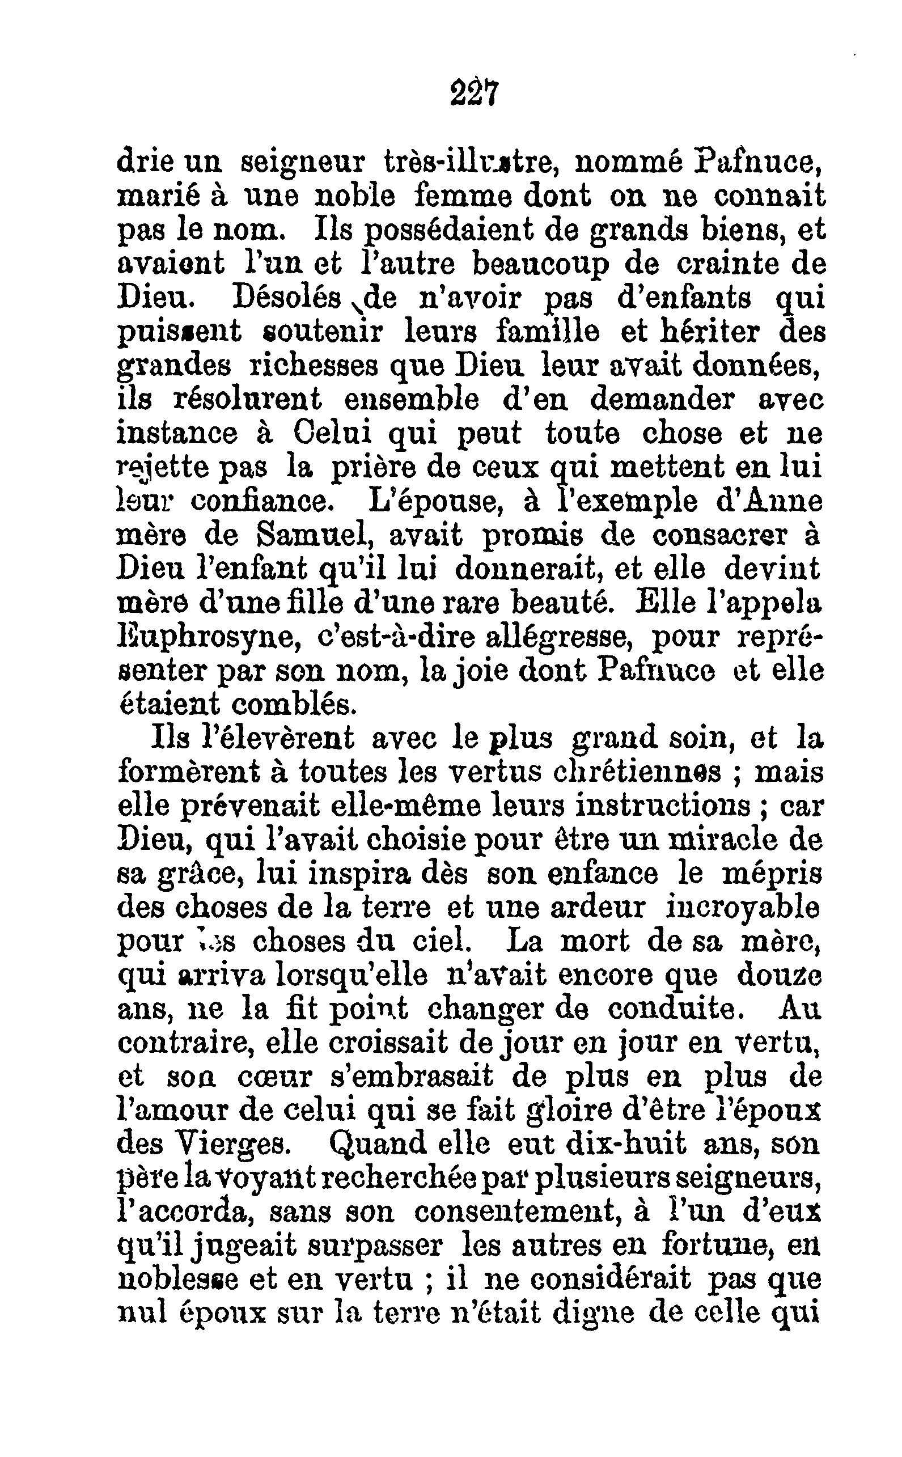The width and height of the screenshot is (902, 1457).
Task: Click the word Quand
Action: coord(378,1143)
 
